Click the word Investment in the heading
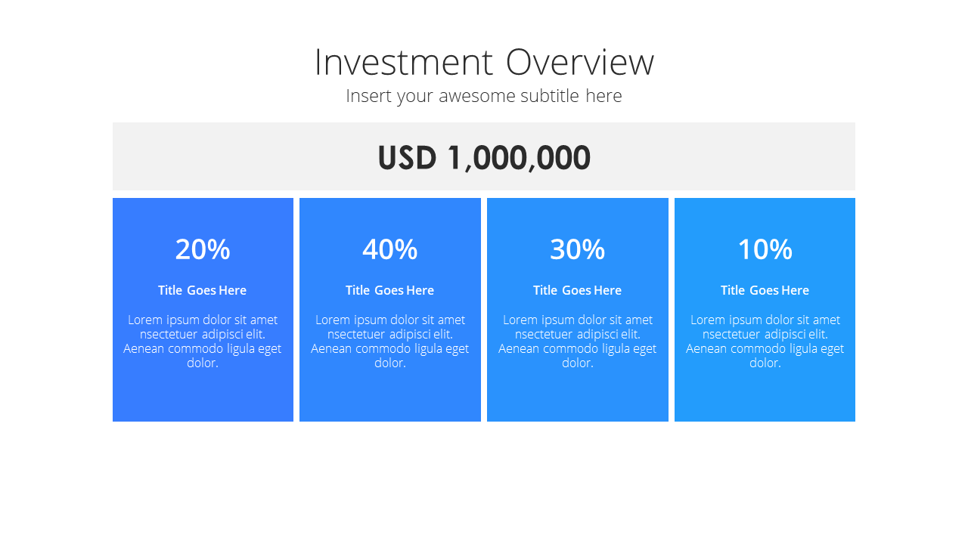tap(404, 63)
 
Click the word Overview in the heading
tap(580, 63)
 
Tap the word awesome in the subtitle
tap(476, 96)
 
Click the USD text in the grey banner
tap(407, 157)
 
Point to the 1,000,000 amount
tap(519, 158)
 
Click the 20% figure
tap(203, 249)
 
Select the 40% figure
tap(389, 249)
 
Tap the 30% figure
tap(577, 249)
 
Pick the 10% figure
tap(765, 249)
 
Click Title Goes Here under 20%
tap(202, 290)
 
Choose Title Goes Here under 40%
tap(389, 290)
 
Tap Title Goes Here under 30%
tap(577, 290)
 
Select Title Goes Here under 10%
tap(765, 290)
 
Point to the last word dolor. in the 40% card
tap(390, 363)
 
